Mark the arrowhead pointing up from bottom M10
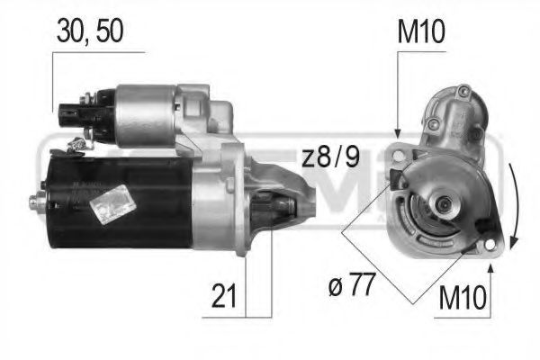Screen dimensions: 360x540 pyautogui.click(x=490, y=265)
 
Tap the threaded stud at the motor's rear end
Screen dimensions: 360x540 pyautogui.click(x=38, y=202)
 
